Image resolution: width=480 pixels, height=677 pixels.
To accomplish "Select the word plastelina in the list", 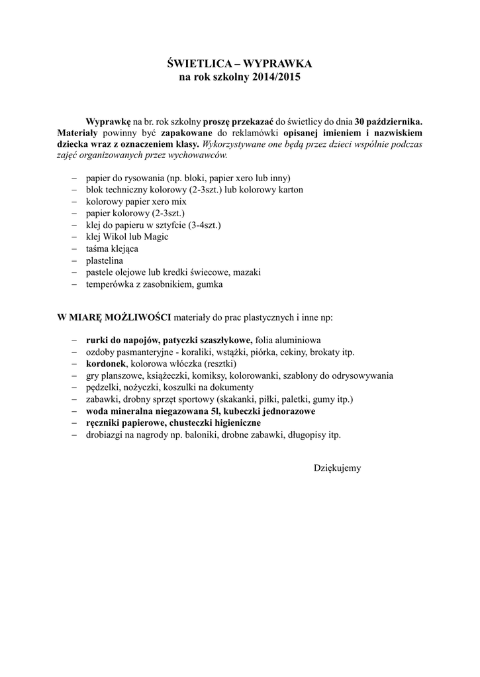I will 105,260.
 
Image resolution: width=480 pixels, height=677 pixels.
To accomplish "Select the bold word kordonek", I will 106,364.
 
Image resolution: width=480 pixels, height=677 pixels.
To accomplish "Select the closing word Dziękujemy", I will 337,467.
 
